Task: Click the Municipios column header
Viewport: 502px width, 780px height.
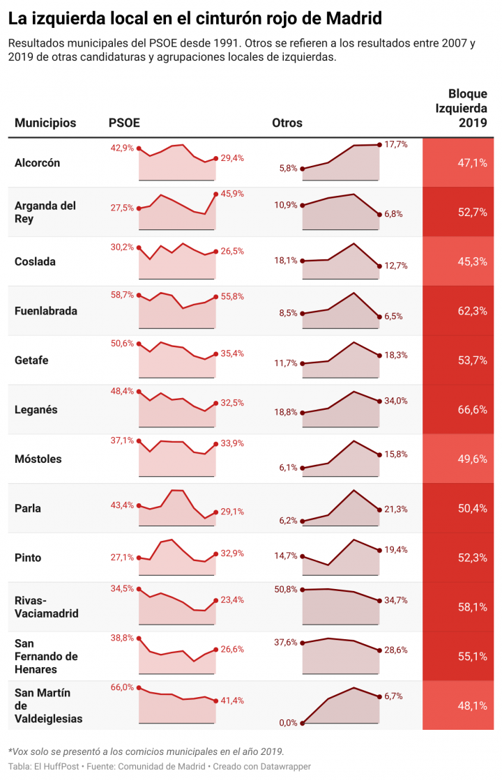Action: pyautogui.click(x=45, y=123)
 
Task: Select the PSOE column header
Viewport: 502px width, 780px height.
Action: pyautogui.click(x=124, y=123)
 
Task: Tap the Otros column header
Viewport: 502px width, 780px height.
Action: pyautogui.click(x=287, y=123)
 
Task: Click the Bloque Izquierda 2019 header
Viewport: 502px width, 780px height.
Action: pyautogui.click(x=462, y=108)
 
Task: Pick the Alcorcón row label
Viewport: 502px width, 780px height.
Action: pyautogui.click(x=38, y=163)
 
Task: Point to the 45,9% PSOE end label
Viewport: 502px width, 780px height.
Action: pyautogui.click(x=232, y=194)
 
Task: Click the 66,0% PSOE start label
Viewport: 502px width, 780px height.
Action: pyautogui.click(x=122, y=687)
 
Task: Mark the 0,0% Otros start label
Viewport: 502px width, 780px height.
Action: pyautogui.click(x=287, y=723)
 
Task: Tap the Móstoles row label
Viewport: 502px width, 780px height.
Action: pyautogui.click(x=38, y=459)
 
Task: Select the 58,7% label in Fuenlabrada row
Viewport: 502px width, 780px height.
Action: pyautogui.click(x=122, y=295)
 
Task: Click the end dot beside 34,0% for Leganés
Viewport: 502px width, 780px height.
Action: pyautogui.click(x=379, y=401)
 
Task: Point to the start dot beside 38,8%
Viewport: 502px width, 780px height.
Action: pyautogui.click(x=139, y=638)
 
